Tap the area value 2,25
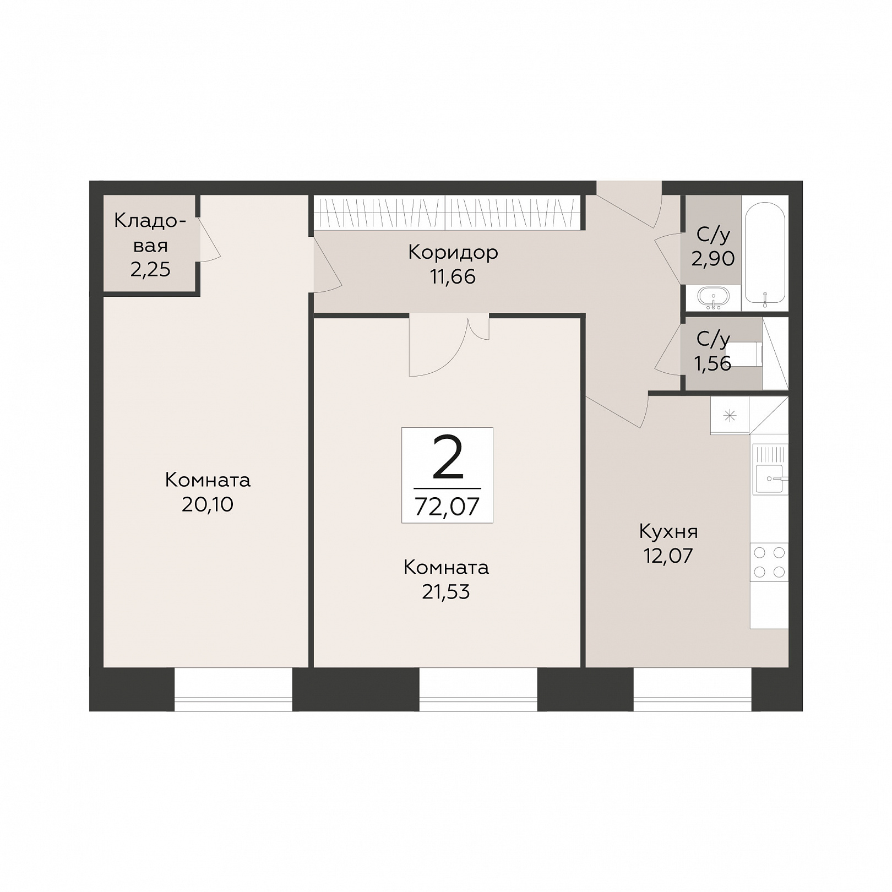pos(150,269)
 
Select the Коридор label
pos(453,252)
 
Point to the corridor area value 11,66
pos(453,276)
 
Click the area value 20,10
pos(208,504)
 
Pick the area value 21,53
pos(446,591)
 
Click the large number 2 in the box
pos(448,456)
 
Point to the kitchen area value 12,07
pos(668,556)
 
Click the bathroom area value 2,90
pos(713,258)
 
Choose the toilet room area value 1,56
pos(713,363)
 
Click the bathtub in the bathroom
pos(765,253)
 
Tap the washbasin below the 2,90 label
pos(713,297)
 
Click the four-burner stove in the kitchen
pos(769,562)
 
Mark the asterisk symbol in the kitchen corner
pos(730,416)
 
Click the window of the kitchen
pos(693,689)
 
